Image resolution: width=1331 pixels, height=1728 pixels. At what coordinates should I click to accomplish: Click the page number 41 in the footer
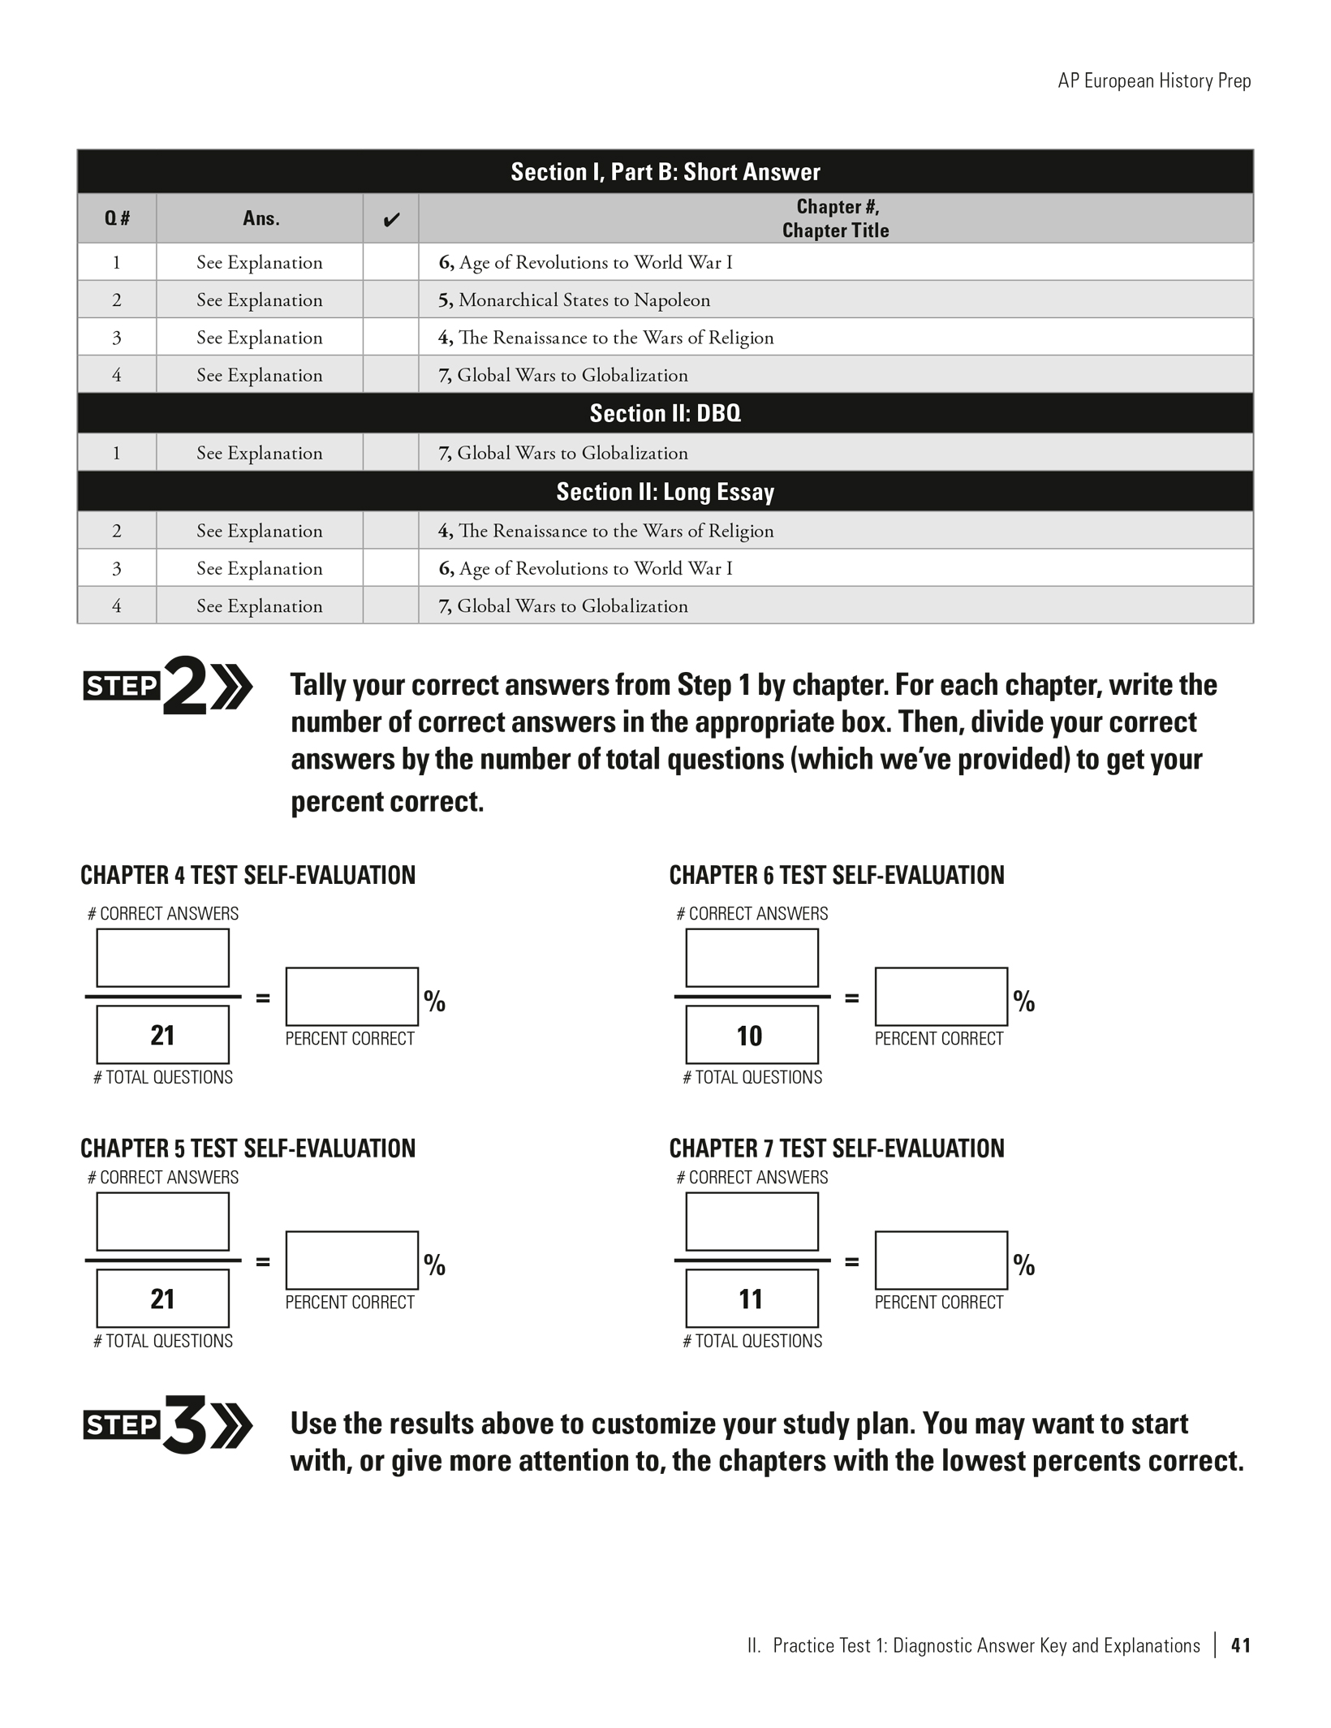[1240, 1645]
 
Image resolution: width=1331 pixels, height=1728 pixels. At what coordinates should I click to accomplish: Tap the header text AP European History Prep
[1153, 81]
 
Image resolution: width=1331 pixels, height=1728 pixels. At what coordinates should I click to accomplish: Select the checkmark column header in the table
[390, 219]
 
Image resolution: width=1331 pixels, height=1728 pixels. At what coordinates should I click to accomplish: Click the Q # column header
[117, 218]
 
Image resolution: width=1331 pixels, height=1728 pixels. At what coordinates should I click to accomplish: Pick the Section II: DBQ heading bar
[665, 413]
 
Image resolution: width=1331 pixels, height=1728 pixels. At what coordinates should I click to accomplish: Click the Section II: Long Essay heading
[665, 492]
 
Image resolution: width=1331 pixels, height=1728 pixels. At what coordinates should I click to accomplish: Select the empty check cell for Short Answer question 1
[390, 262]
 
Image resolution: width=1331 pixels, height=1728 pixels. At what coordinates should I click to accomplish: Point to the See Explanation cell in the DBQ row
[259, 453]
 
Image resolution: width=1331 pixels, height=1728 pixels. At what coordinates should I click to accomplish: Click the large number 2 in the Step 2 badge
[185, 687]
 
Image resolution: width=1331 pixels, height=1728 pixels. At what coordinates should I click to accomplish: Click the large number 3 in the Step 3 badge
[185, 1425]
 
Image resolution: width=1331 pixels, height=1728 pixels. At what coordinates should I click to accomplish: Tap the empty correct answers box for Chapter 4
[162, 958]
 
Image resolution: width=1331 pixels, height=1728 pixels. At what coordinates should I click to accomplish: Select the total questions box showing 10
[752, 1035]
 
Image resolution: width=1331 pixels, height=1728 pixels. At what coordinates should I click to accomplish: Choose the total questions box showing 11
[752, 1299]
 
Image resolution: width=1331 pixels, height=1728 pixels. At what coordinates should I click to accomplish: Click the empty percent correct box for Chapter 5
[351, 1260]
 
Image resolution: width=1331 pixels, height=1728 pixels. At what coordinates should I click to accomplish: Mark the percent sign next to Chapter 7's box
[1024, 1265]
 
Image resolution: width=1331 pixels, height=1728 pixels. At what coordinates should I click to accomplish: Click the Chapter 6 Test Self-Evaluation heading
[836, 875]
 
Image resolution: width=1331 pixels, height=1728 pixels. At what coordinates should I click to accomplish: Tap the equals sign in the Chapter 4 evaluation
[263, 998]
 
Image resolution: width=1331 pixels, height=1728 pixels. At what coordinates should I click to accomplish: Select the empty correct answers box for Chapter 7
[752, 1222]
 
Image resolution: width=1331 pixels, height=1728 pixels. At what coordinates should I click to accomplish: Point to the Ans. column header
[261, 218]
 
